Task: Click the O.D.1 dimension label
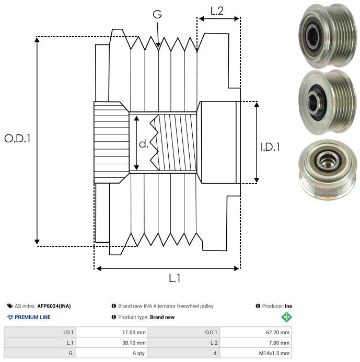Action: click(x=18, y=139)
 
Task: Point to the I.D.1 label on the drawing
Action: click(x=270, y=148)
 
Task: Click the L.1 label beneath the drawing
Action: click(x=175, y=279)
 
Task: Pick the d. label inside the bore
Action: click(x=143, y=144)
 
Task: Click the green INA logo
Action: click(x=286, y=317)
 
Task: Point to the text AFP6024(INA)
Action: click(x=54, y=306)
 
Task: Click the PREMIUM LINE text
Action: click(x=32, y=317)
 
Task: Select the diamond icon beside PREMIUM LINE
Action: click(x=10, y=317)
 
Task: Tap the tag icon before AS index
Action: click(x=10, y=306)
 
